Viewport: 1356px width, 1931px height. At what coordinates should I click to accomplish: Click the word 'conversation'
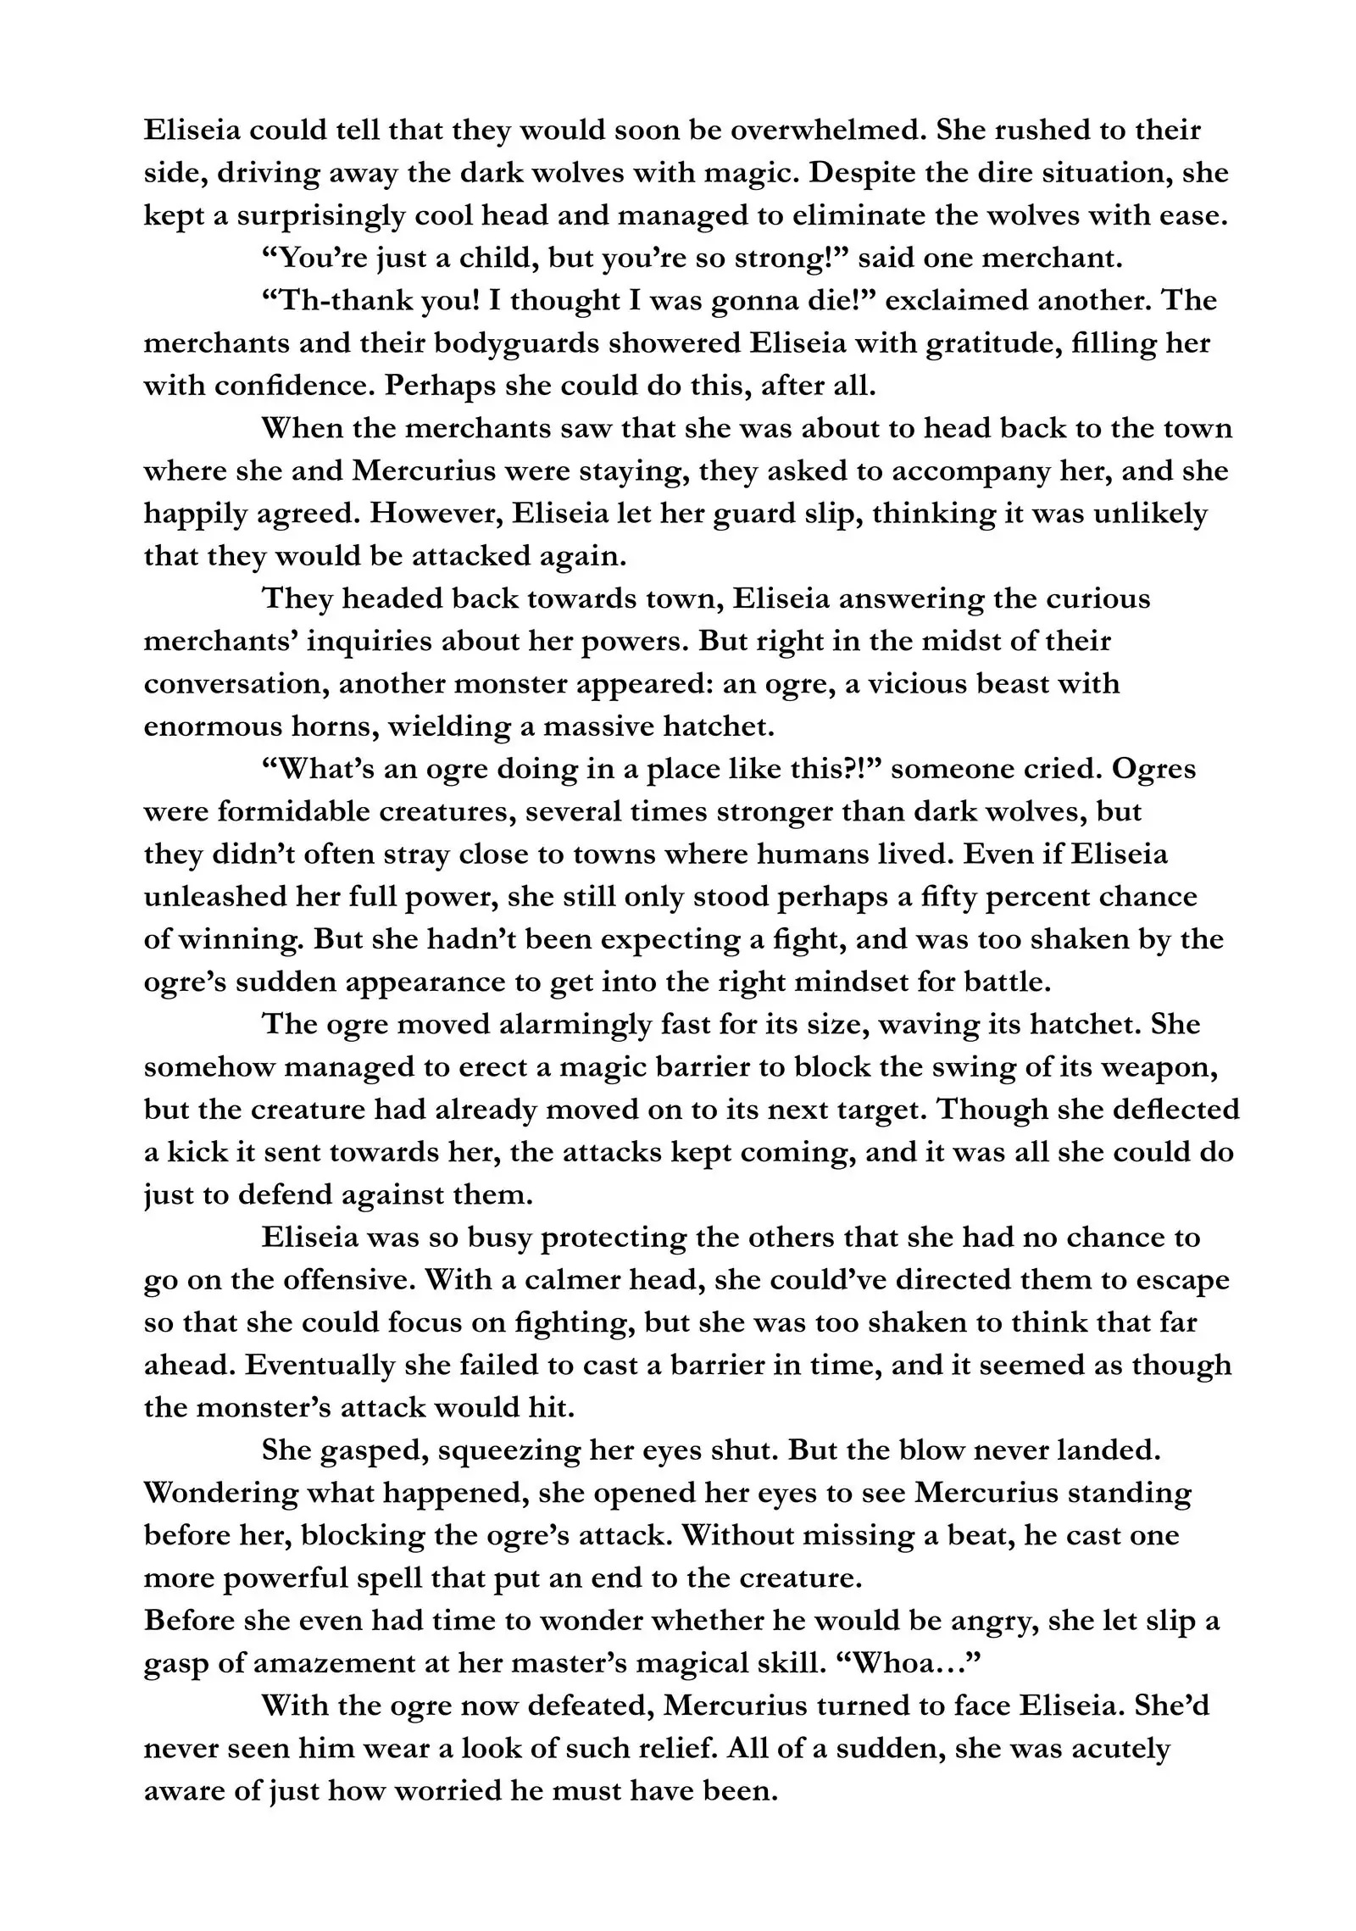pos(234,684)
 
